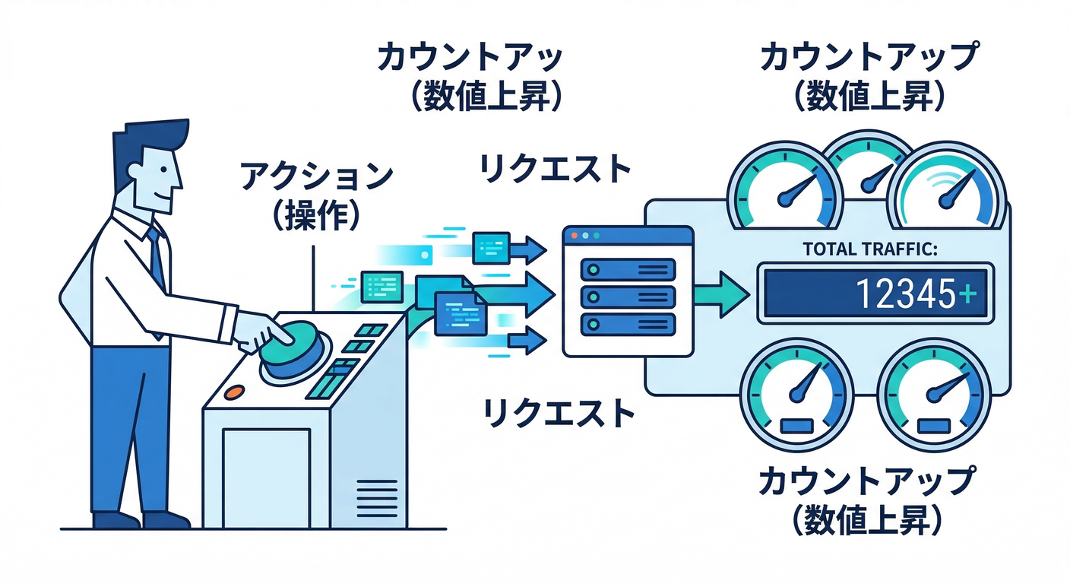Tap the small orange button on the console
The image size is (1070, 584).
tap(235, 392)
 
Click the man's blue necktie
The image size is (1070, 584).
tap(157, 259)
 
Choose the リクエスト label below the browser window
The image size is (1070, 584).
tap(559, 413)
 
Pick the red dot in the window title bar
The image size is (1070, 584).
tap(573, 236)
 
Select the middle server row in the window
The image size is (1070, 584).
tap(627, 296)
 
